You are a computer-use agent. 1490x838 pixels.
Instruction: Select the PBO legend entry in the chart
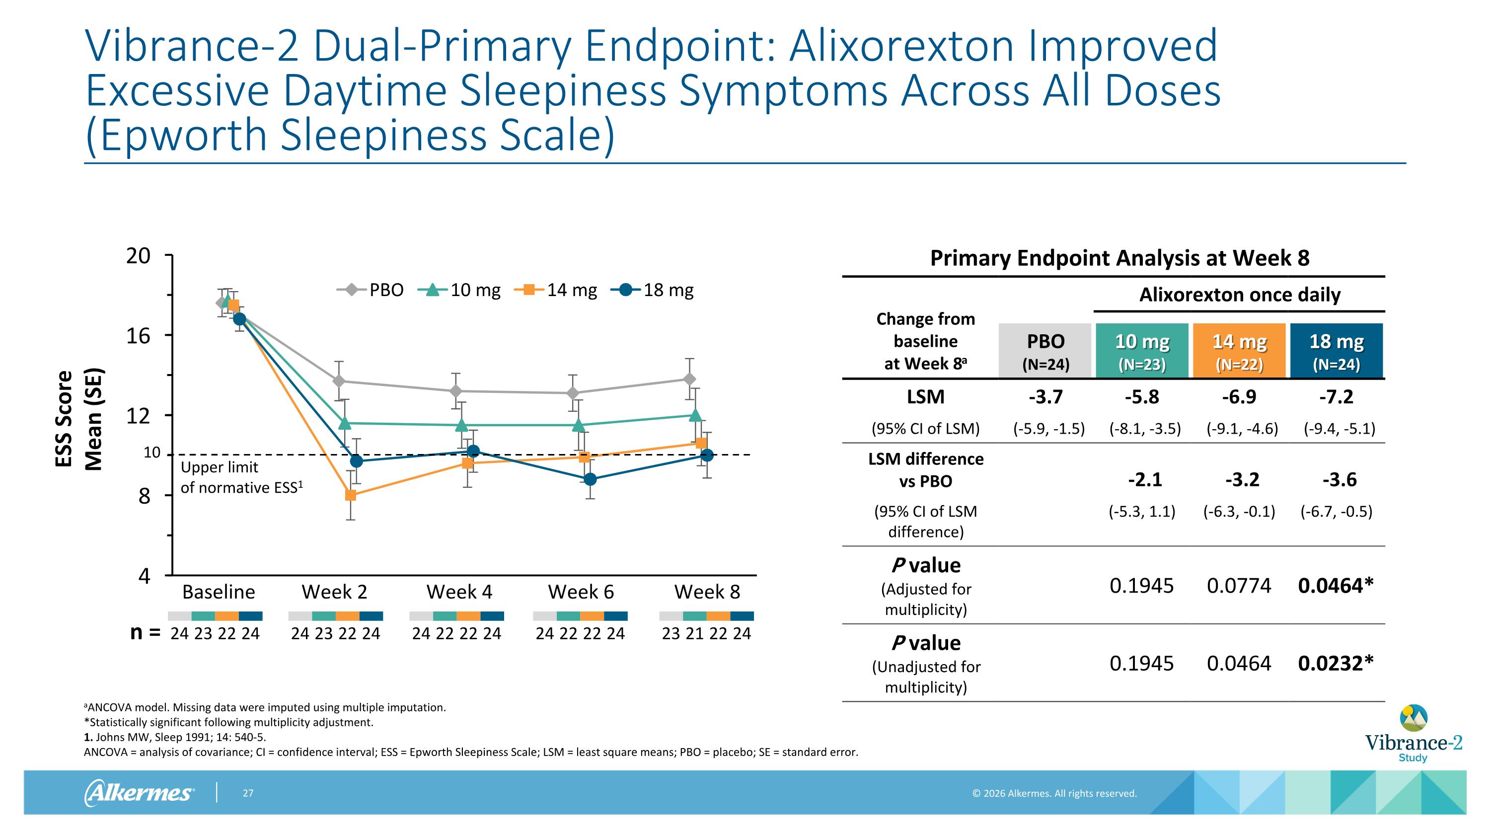371,290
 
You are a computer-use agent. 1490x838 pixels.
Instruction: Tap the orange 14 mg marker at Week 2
351,495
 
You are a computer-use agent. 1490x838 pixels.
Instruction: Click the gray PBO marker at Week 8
689,379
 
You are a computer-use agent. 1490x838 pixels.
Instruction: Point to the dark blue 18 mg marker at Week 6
590,479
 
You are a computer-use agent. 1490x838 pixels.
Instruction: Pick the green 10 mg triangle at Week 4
461,426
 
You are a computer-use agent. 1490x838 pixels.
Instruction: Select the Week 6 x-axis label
581,592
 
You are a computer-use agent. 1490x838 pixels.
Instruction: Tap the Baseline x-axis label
218,592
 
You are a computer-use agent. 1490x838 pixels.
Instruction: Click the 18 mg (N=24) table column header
1336,351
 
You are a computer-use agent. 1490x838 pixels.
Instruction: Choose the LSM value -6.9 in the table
1239,397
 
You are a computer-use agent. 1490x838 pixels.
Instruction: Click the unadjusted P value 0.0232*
1335,663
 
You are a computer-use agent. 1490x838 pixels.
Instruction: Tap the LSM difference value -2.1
1144,479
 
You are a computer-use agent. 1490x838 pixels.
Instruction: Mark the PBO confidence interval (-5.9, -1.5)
1048,429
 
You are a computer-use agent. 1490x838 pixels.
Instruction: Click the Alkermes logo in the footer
139,792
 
